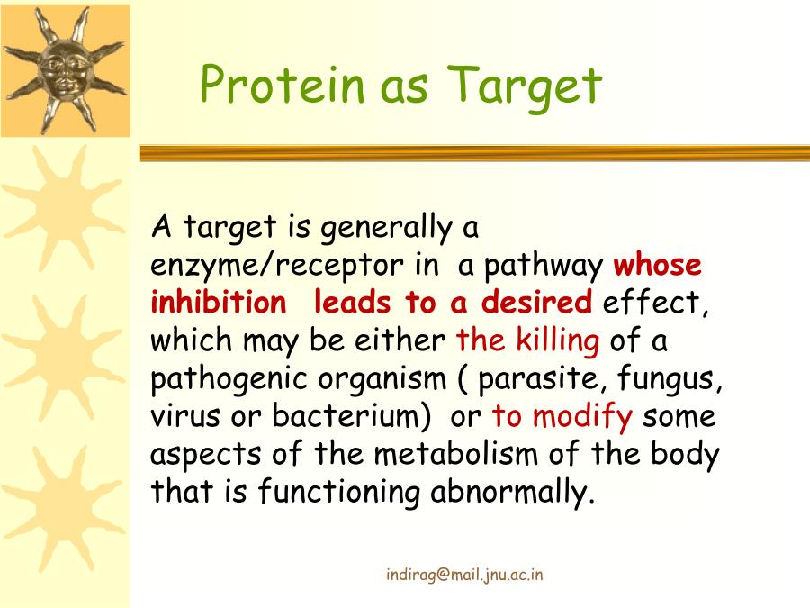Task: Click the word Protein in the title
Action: pyautogui.click(x=282, y=84)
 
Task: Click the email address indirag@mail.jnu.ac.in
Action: pyautogui.click(x=464, y=575)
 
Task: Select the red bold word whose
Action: pyautogui.click(x=657, y=265)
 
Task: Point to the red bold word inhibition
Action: pyautogui.click(x=218, y=302)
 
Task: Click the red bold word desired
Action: pyautogui.click(x=536, y=302)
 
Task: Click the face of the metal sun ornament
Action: pyautogui.click(x=65, y=72)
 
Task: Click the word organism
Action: pyautogui.click(x=382, y=379)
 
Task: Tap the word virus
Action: pyautogui.click(x=184, y=417)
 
